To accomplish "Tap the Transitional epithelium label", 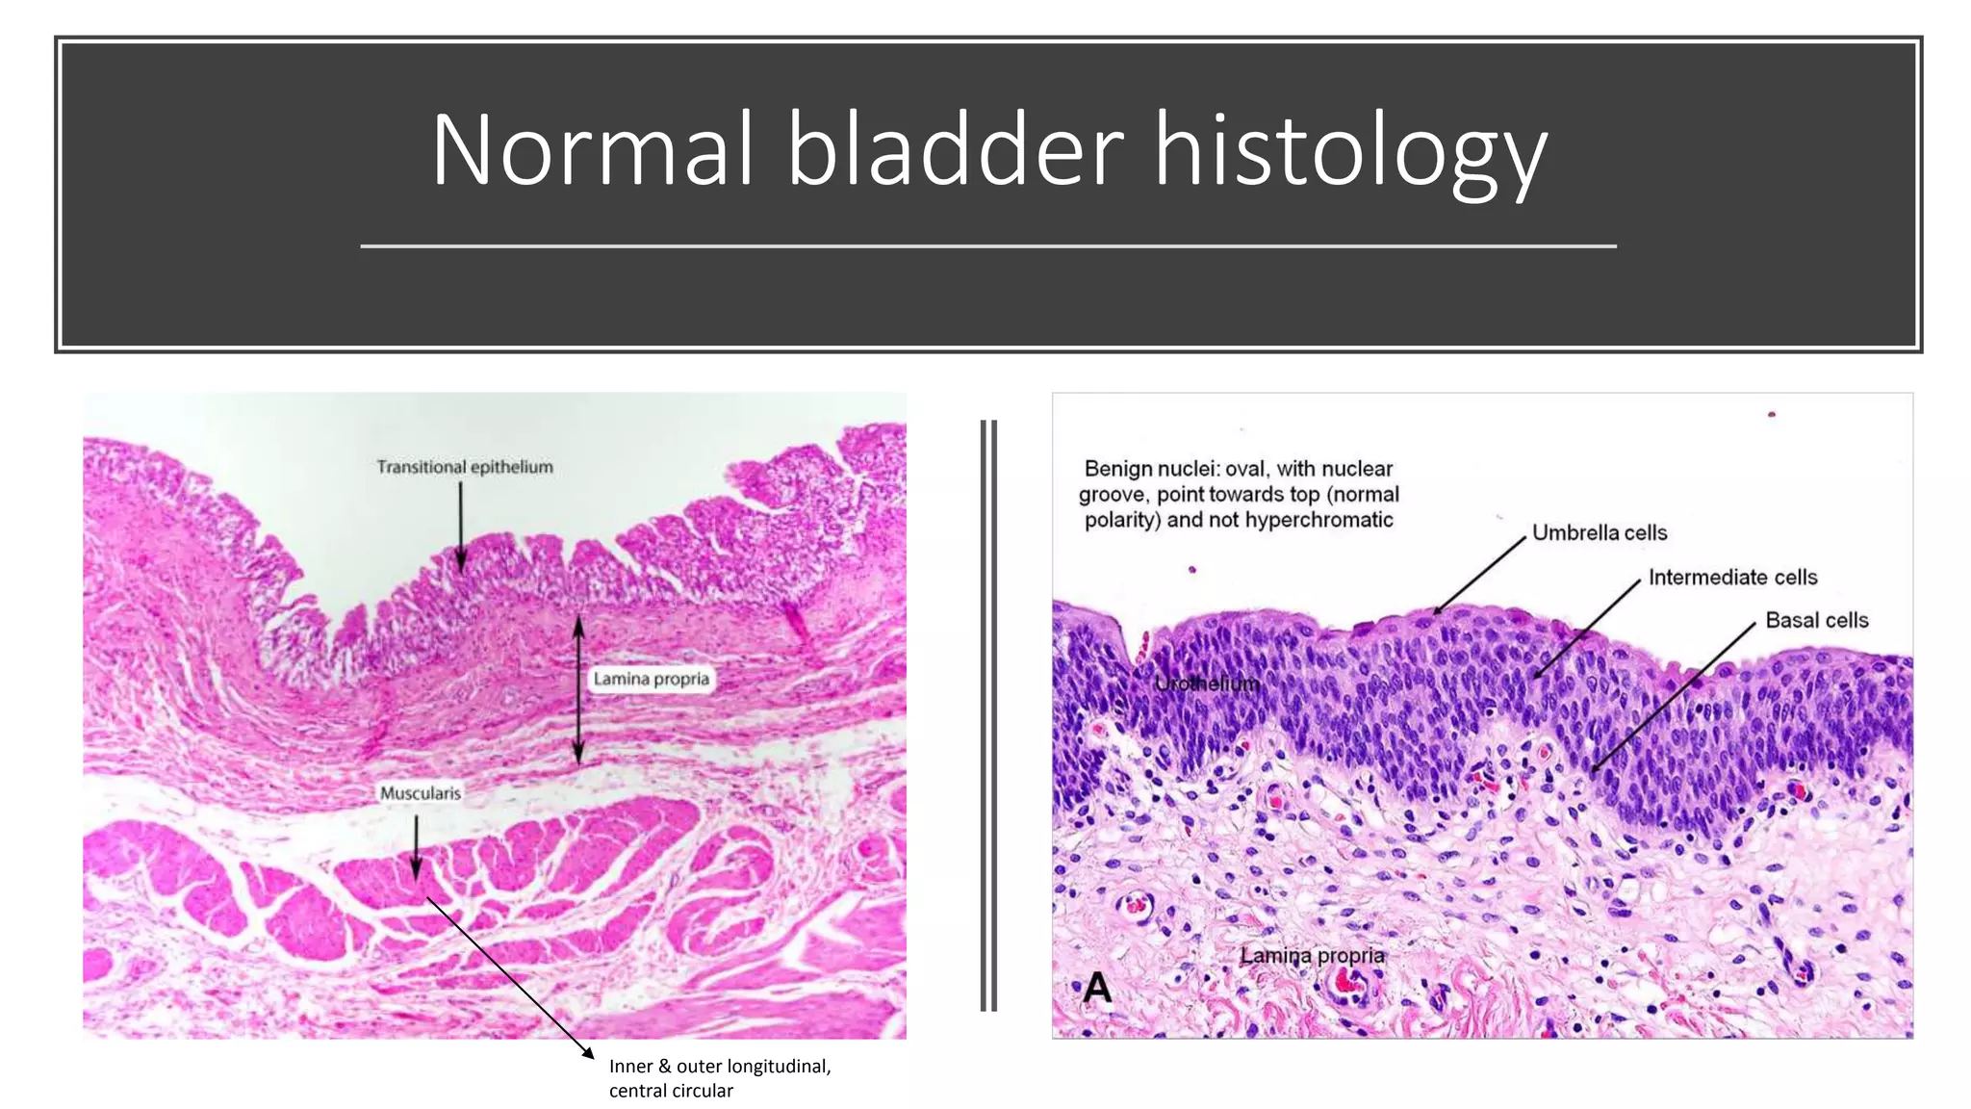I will pos(465,467).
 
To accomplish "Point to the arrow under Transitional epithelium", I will pos(460,526).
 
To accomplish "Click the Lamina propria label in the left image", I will pos(651,679).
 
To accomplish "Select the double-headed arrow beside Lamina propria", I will pos(578,689).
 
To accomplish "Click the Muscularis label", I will pos(421,793).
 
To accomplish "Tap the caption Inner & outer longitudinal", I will pos(720,1066).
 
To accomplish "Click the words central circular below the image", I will pos(671,1091).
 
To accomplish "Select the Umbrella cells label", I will pos(1599,532).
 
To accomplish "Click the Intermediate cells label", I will pos(1732,577).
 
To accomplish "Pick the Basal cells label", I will pos(1816,620).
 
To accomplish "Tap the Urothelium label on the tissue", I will pos(1207,683).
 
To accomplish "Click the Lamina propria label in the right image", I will pos(1312,955).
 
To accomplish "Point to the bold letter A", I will pos(1098,988).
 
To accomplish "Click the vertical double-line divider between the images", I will pos(988,715).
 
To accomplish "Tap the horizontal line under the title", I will pos(987,246).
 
